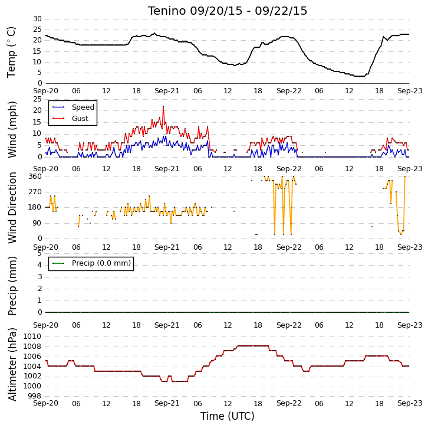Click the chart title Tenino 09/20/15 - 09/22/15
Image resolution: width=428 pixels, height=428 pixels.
(228, 11)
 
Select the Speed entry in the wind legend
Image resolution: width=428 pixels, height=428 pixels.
(83, 107)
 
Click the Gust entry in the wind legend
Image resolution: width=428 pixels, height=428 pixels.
(80, 118)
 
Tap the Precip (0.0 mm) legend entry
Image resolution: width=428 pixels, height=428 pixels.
(101, 263)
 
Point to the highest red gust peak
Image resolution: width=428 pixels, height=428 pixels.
(163, 106)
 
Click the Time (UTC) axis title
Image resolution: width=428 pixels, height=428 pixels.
(228, 416)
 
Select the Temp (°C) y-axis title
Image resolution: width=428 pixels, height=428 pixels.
(11, 52)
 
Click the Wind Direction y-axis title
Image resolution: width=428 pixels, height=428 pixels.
(12, 208)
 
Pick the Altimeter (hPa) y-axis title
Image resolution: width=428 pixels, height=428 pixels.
(12, 365)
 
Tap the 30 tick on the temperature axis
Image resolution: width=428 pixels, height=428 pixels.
(37, 19)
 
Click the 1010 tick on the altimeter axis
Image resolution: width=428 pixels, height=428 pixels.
(32, 336)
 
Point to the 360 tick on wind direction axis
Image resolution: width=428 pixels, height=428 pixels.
(35, 177)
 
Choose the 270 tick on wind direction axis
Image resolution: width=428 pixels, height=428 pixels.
(35, 192)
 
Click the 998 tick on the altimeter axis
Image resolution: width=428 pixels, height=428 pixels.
(35, 396)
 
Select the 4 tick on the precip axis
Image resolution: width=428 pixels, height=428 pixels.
(40, 265)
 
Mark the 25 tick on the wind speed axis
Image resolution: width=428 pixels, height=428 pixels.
(37, 99)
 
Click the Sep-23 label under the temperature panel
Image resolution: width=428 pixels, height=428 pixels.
(410, 91)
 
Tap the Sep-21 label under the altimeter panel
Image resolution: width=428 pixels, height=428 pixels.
(167, 403)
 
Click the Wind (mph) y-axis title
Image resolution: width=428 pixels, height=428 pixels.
(12, 129)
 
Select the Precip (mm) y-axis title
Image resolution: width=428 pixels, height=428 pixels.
(12, 286)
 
